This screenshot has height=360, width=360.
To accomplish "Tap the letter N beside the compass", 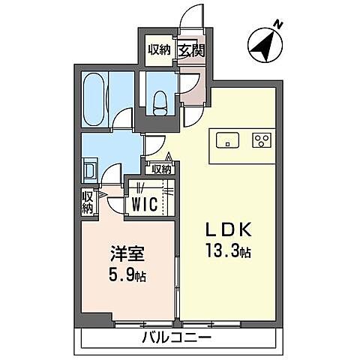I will [x=278, y=25].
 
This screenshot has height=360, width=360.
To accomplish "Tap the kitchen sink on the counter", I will [x=226, y=139].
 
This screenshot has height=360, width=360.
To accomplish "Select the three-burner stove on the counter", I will [x=262, y=139].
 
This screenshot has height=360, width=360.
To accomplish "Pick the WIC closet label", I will [x=147, y=203].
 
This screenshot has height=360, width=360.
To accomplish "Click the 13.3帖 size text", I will [x=227, y=253].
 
